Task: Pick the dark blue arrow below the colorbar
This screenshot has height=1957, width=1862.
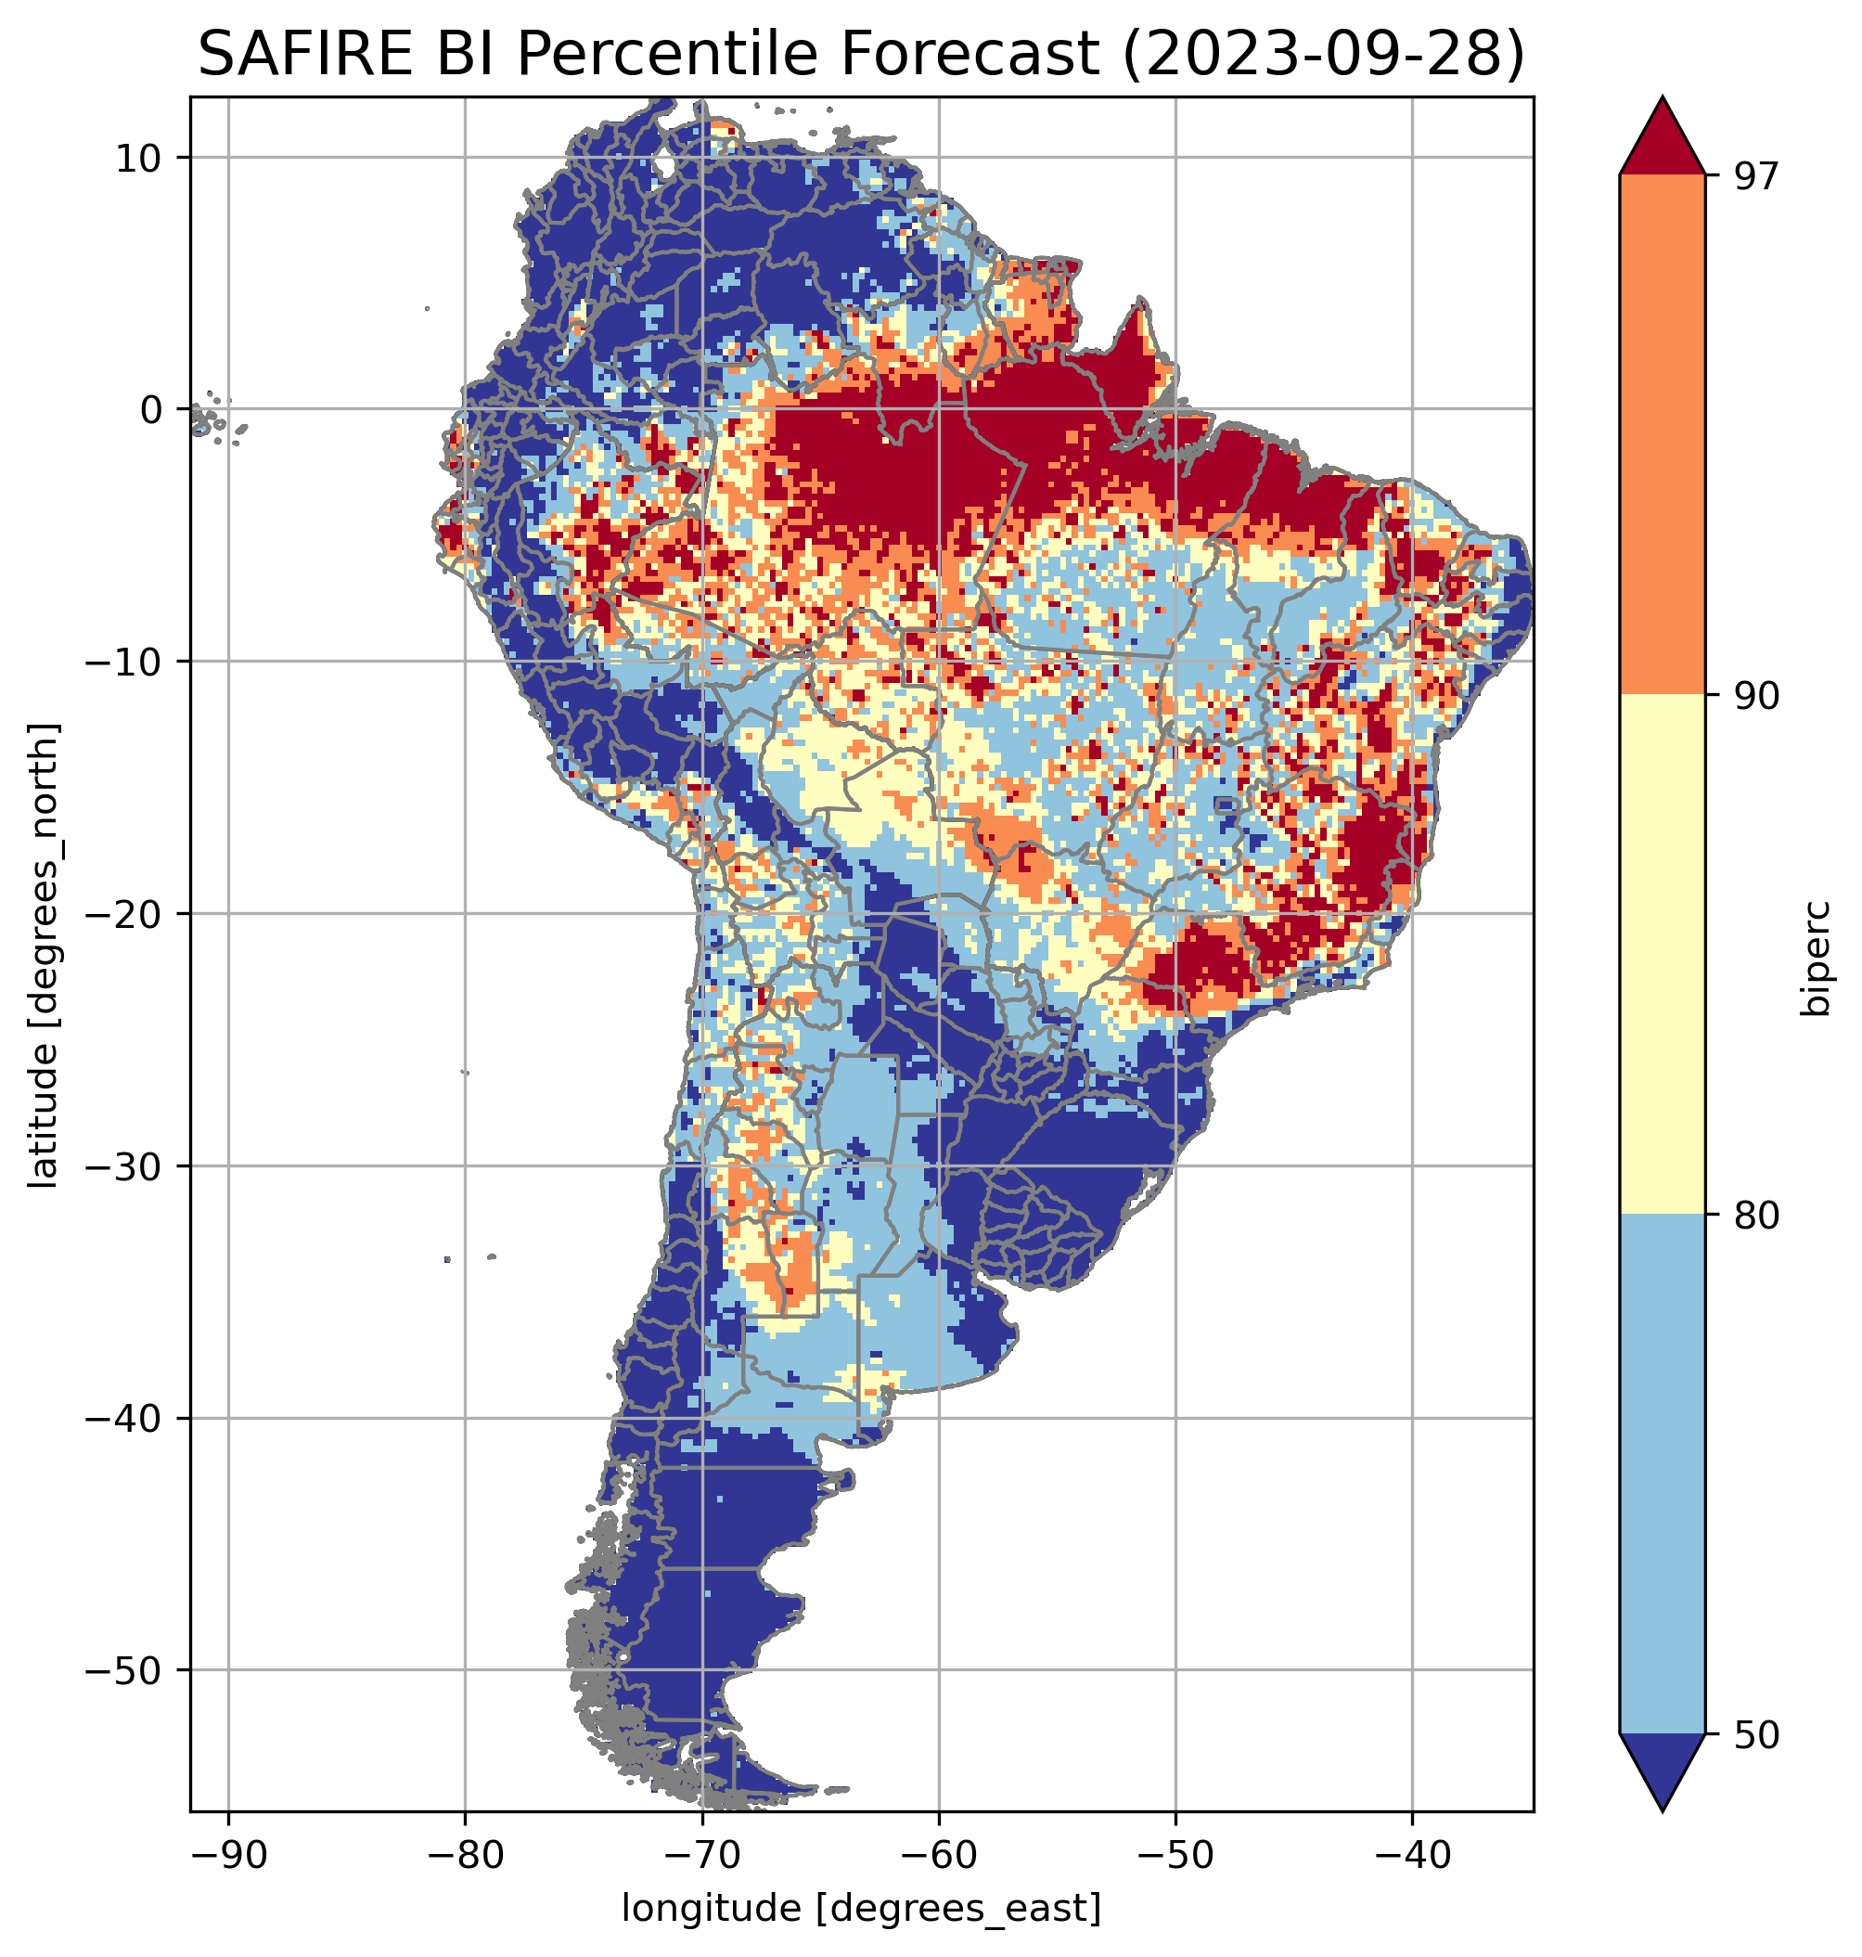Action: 1662,1772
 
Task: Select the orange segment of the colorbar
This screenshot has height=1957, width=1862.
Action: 1662,435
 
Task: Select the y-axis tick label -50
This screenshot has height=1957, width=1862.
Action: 123,1671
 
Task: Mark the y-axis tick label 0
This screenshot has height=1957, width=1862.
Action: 151,410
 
